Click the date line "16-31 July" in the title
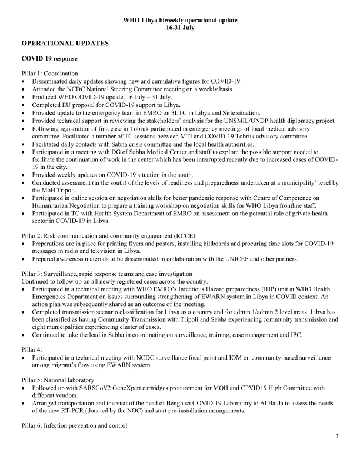180,28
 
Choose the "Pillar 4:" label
33,349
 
